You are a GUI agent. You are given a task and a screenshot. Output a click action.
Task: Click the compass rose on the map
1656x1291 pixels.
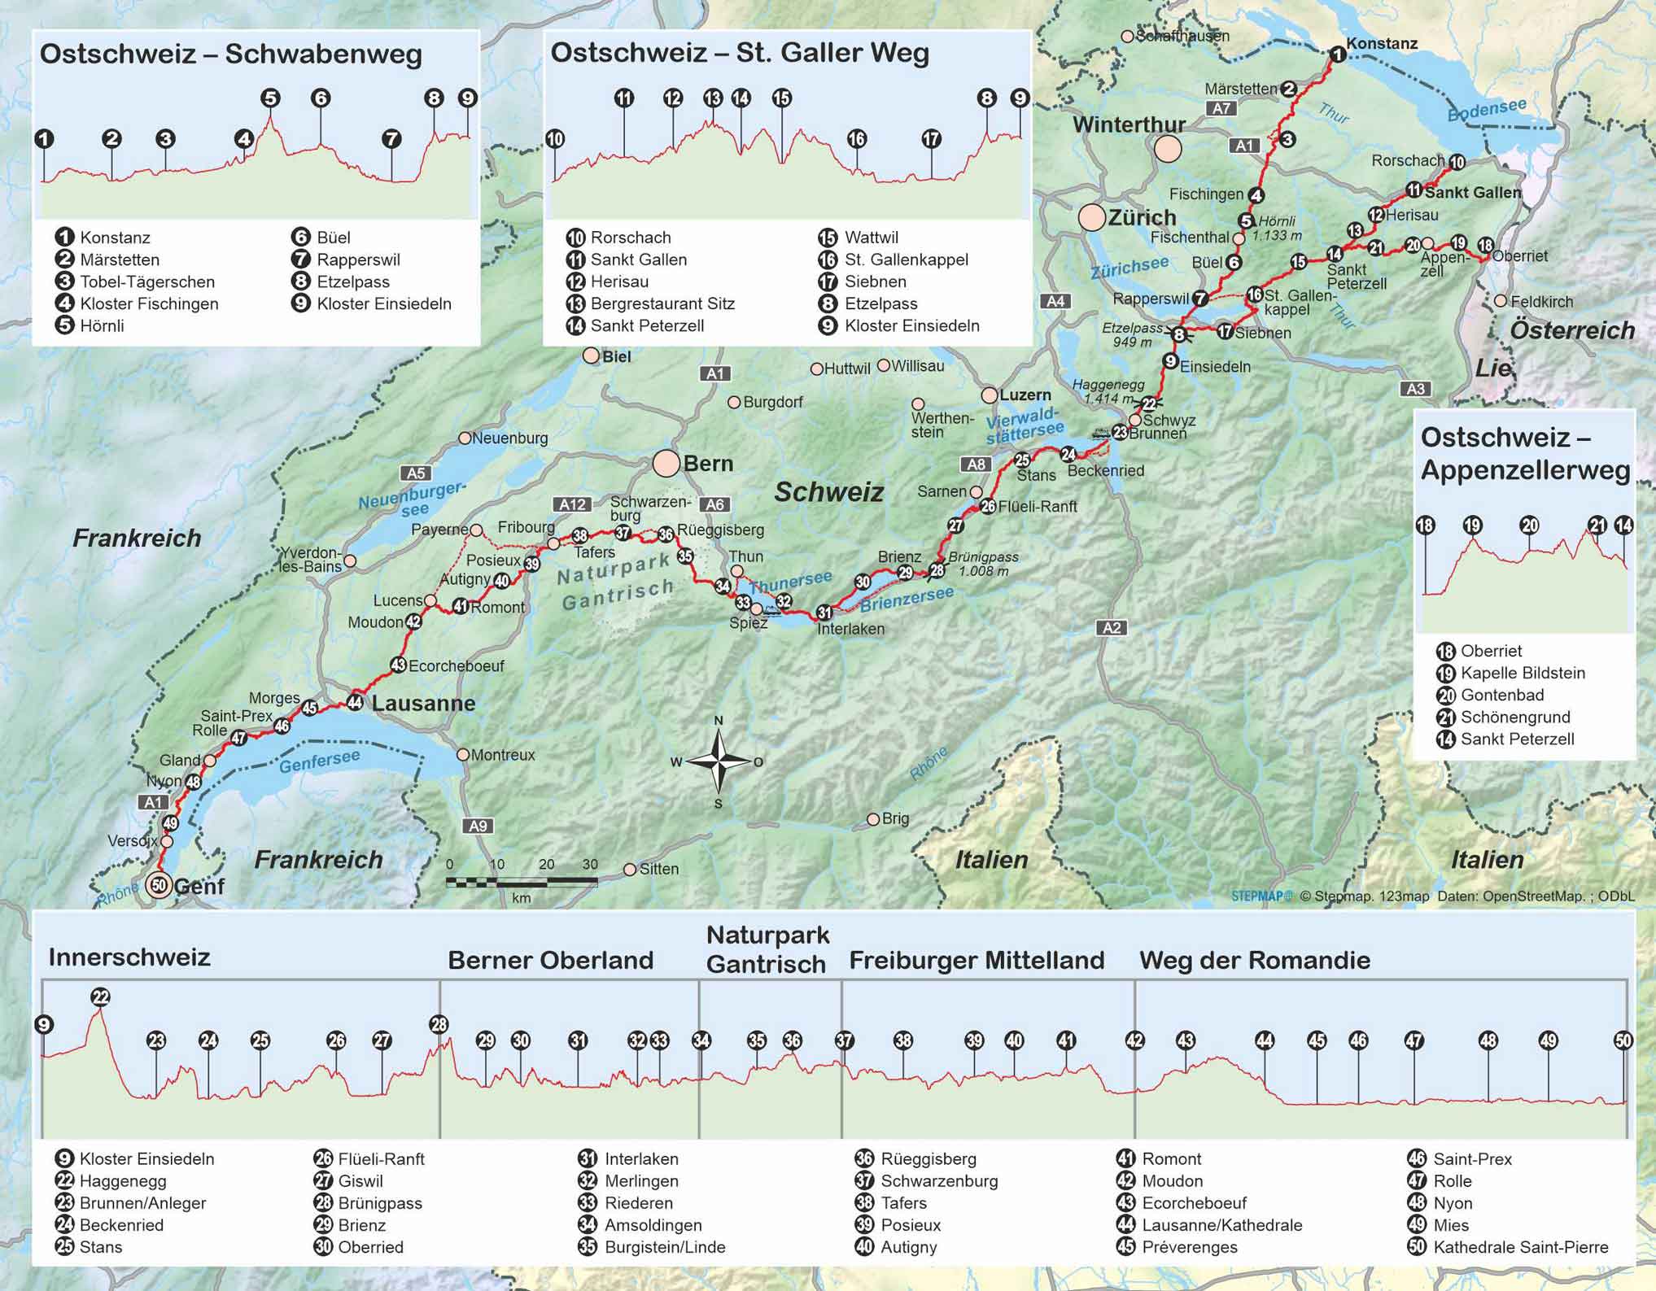[x=719, y=761]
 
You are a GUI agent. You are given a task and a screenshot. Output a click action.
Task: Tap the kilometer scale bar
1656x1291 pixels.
[x=522, y=881]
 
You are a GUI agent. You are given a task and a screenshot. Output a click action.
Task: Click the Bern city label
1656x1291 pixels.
[x=708, y=464]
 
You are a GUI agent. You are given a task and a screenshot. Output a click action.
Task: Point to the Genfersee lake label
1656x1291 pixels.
[x=319, y=761]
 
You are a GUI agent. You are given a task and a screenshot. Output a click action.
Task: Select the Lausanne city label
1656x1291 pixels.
[x=423, y=704]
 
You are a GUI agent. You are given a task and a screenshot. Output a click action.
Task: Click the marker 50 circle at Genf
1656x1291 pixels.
[x=159, y=885]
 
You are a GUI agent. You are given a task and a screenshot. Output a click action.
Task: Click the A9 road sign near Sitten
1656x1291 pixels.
[x=478, y=826]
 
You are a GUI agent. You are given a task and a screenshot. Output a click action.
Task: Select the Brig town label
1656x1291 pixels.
[x=895, y=818]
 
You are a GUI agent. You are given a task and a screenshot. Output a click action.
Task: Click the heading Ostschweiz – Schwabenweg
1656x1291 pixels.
[x=231, y=55]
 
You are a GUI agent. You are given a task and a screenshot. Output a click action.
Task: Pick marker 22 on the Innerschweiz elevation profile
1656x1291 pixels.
[x=100, y=997]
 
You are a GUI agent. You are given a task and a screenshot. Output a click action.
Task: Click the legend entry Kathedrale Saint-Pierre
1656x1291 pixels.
[x=1520, y=1247]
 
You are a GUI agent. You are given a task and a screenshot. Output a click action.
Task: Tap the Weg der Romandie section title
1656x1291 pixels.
[x=1254, y=960]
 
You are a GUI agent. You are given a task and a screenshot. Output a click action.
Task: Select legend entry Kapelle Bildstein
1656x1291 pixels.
[x=1523, y=673]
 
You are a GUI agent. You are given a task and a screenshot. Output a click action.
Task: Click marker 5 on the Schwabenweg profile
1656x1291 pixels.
[x=270, y=98]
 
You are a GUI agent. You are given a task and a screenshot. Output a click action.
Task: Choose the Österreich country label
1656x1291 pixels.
[x=1572, y=330]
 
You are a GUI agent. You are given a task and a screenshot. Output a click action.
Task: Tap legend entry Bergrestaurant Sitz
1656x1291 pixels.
[x=662, y=303]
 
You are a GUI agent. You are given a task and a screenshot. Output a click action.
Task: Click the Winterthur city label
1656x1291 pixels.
[x=1128, y=124]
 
